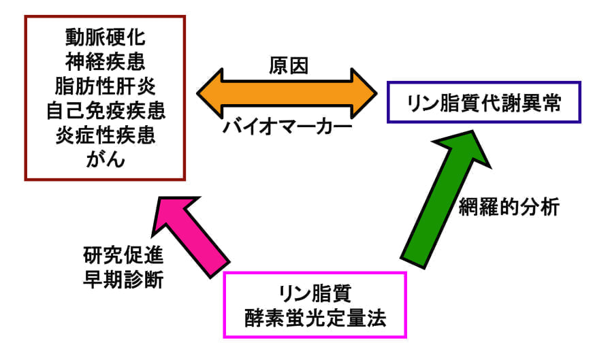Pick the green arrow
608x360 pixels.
coord(429,204)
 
